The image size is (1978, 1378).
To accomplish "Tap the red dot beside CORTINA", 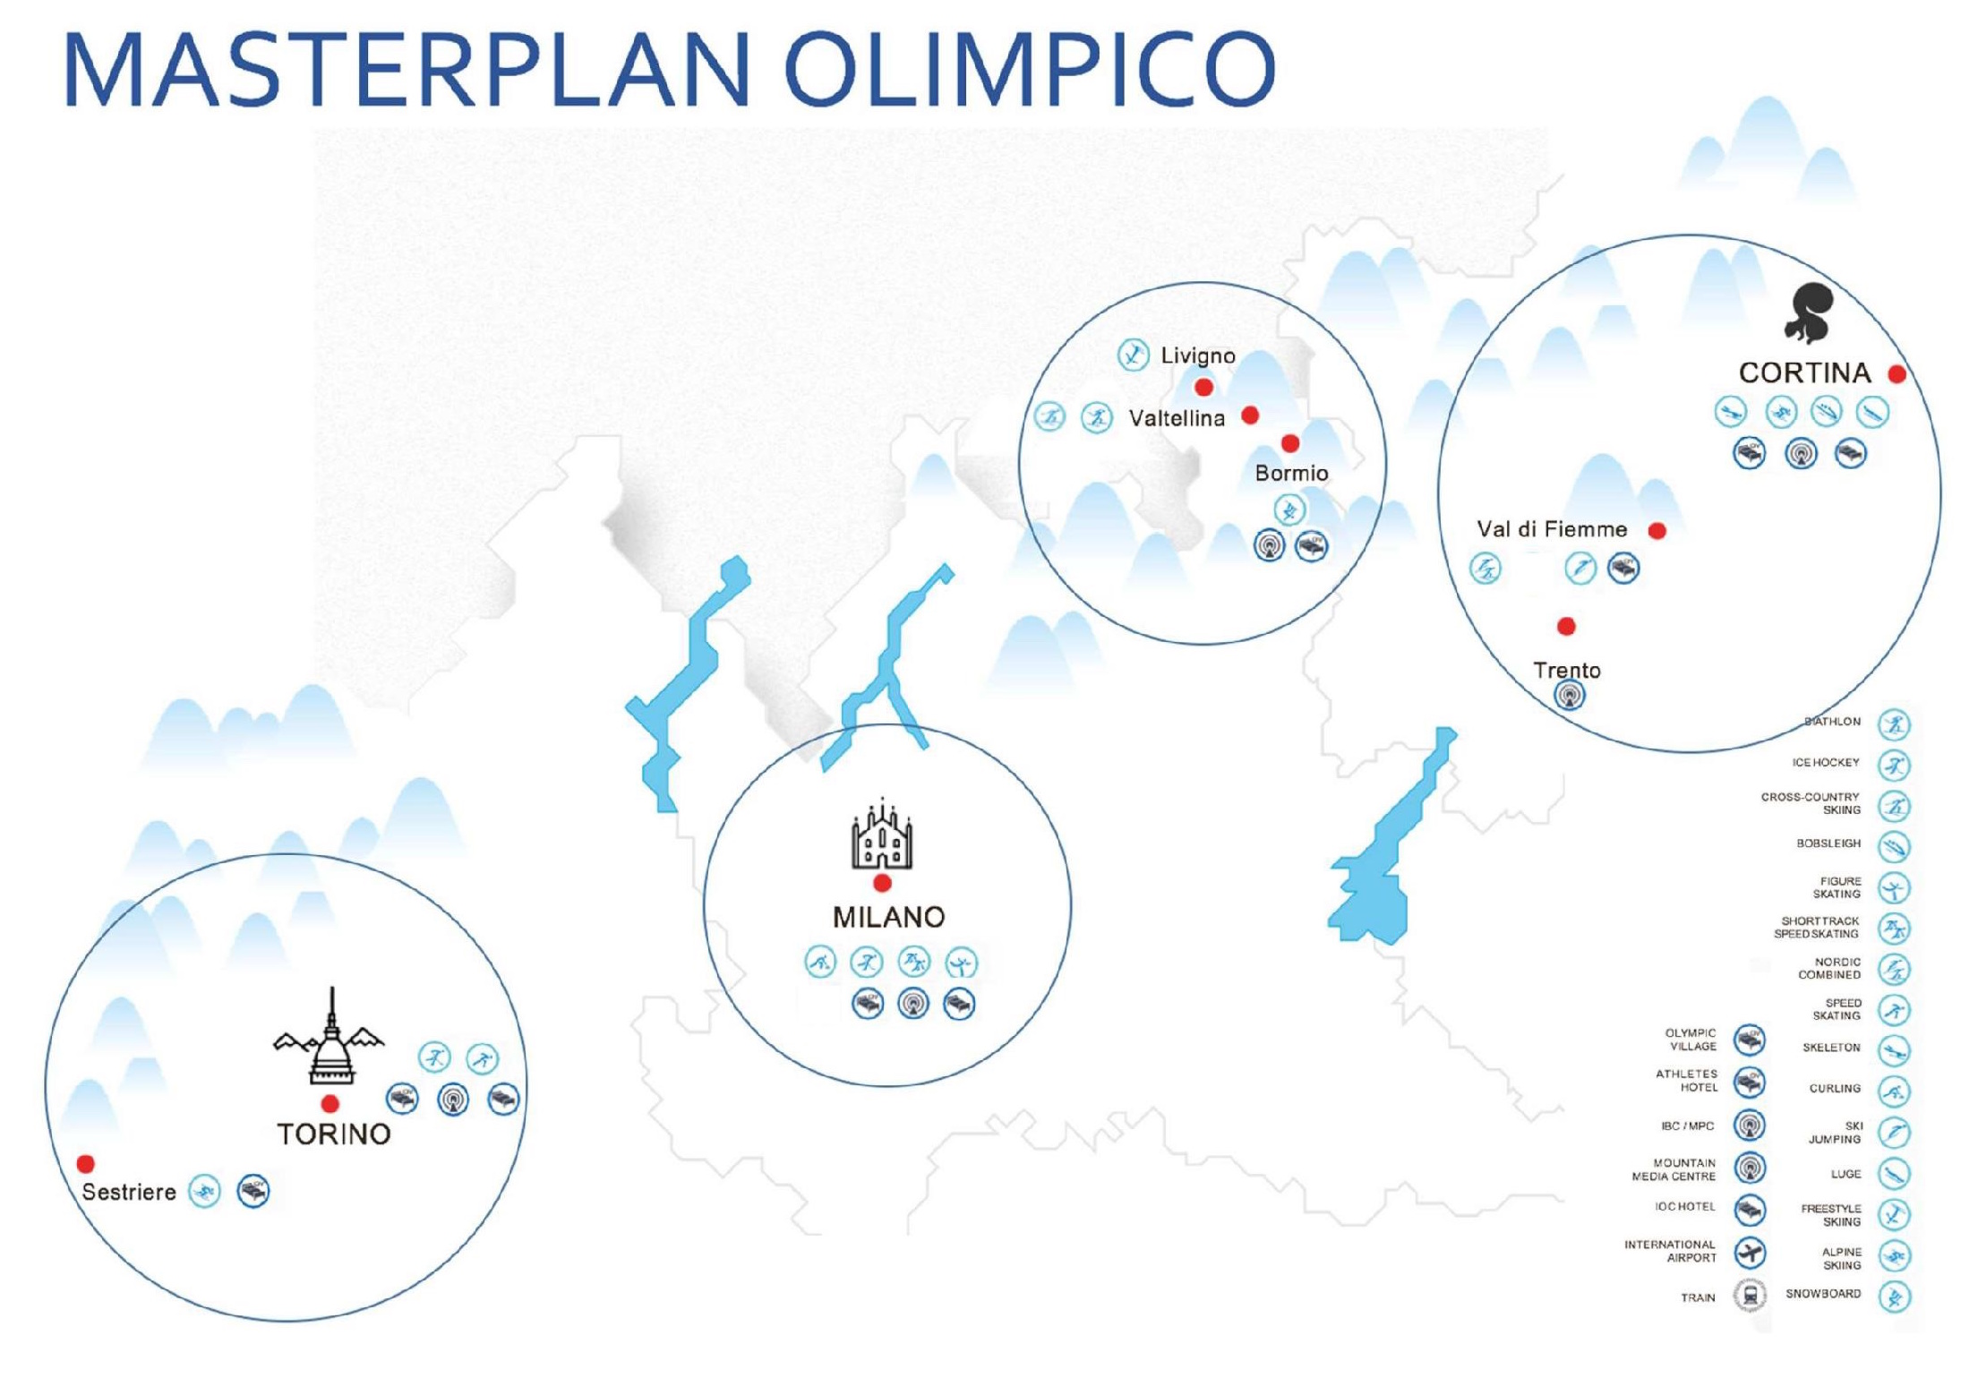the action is (x=1897, y=374).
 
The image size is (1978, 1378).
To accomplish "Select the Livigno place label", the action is (x=1198, y=355).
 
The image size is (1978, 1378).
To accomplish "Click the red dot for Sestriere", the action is (x=86, y=1164).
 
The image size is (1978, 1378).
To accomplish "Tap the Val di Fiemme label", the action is (x=1552, y=529).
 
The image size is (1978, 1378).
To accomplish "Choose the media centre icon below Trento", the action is (x=1569, y=696).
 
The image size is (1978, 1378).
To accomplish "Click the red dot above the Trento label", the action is (x=1566, y=626).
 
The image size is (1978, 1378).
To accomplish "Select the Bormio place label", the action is (x=1291, y=473).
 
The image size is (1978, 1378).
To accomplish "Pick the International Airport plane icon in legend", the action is (x=1750, y=1253).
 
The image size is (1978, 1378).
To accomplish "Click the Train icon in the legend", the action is (x=1750, y=1295).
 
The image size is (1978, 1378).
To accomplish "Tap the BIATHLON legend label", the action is (x=1832, y=722).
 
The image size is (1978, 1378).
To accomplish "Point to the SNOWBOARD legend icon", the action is (x=1894, y=1297).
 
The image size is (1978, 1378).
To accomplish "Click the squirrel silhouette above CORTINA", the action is (x=1809, y=312).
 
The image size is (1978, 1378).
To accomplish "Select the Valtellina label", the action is (x=1177, y=418).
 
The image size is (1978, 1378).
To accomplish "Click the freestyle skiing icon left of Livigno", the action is (x=1133, y=355).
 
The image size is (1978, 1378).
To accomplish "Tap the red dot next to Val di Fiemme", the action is (x=1657, y=531).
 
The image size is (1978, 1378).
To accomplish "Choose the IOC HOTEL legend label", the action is (x=1685, y=1207).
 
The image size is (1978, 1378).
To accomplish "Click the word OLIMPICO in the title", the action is (x=1031, y=70).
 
